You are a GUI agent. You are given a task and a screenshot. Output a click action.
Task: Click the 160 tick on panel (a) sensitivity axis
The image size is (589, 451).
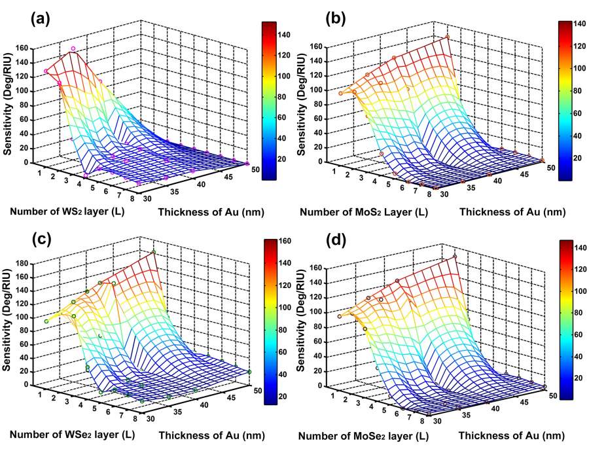(24, 48)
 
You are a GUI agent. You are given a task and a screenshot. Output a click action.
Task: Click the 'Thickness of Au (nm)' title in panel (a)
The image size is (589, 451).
(204, 211)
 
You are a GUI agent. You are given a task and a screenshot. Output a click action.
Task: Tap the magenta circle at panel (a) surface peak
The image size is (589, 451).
(73, 48)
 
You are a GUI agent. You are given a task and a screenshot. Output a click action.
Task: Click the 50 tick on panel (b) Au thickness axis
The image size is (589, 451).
(552, 168)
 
